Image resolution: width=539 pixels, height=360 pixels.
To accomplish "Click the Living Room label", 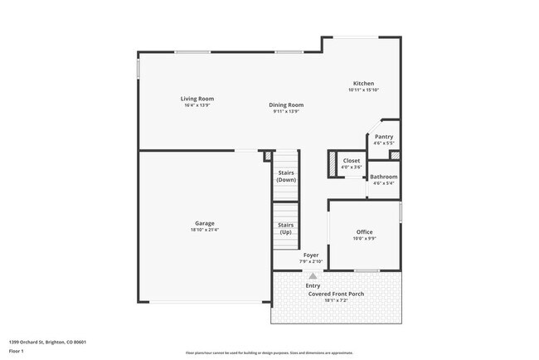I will (x=197, y=99).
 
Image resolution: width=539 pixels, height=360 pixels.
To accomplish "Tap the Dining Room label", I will (x=285, y=105).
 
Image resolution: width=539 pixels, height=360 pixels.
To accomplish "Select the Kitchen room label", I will (x=363, y=83).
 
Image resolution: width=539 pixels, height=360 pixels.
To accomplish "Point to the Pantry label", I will (x=384, y=137).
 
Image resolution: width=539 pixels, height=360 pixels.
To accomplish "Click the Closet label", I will (x=352, y=160).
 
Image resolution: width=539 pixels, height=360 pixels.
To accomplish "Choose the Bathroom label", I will (x=383, y=177).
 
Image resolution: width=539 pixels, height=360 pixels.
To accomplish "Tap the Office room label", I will (x=365, y=231).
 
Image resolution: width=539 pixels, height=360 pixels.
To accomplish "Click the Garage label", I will (x=205, y=222).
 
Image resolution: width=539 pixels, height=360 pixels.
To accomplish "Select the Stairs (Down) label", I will (x=285, y=176).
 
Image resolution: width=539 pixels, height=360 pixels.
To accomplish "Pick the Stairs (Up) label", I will (x=285, y=227).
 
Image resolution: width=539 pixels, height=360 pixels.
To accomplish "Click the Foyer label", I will (x=310, y=255).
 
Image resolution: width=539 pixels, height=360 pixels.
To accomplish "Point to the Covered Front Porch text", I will (x=336, y=294).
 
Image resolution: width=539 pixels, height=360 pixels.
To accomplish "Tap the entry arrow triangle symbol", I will (x=313, y=275).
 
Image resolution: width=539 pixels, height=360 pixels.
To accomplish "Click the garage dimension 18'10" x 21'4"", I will (x=205, y=230).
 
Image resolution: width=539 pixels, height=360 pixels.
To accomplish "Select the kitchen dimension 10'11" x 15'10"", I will (x=363, y=90).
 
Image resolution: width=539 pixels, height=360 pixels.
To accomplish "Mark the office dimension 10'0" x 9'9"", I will (x=365, y=239).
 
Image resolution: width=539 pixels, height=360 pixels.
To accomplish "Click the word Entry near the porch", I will (x=313, y=285).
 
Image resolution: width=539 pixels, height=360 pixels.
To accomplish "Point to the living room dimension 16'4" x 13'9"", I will (x=197, y=105).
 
